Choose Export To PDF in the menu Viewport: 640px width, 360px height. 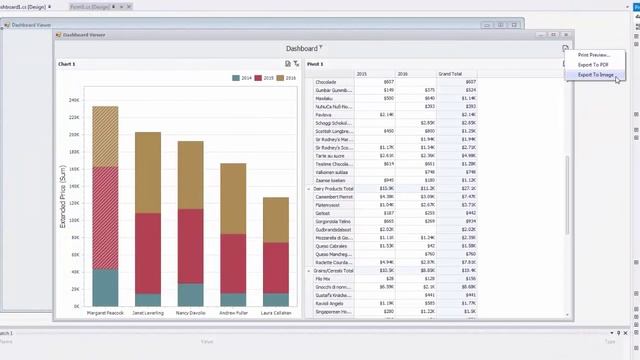tap(593, 65)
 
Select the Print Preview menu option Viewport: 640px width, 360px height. tap(593, 55)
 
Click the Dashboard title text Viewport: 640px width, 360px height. tap(301, 48)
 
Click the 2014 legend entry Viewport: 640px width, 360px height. tap(244, 77)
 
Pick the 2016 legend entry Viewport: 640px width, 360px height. tap(287, 77)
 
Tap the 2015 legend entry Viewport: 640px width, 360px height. tap(265, 77)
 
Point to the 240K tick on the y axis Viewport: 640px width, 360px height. tap(74, 100)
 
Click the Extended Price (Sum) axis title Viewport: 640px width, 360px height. tap(64, 200)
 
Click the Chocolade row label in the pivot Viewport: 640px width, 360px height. tap(327, 82)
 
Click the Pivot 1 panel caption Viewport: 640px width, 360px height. tap(315, 64)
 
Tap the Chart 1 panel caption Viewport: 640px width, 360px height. tap(67, 64)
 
